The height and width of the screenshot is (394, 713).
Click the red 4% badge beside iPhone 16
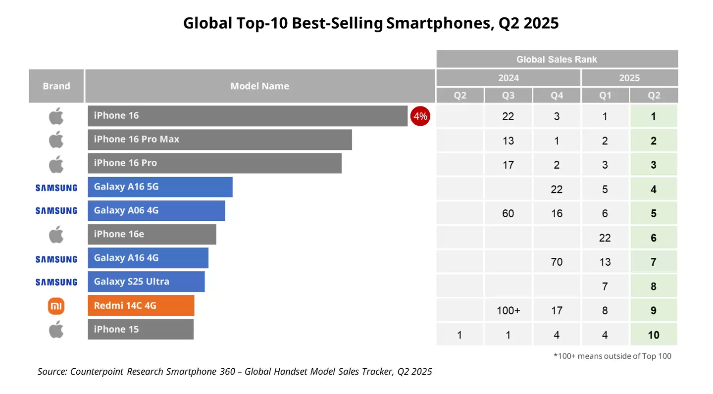(x=420, y=117)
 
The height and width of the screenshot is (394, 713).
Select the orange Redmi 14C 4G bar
(x=141, y=306)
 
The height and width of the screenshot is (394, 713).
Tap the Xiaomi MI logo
(x=56, y=306)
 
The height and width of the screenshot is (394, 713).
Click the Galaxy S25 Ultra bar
(x=146, y=282)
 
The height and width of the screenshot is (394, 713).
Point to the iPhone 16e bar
(x=152, y=234)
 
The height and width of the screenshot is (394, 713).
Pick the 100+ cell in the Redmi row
(x=508, y=311)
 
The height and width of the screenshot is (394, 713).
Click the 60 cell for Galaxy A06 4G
(x=508, y=213)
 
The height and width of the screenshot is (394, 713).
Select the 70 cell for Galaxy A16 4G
(x=557, y=262)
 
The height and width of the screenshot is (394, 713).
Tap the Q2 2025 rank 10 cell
(x=654, y=335)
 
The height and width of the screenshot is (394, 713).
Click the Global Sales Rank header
(x=557, y=59)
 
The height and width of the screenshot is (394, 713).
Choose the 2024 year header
(x=508, y=78)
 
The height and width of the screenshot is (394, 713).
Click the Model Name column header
(x=259, y=86)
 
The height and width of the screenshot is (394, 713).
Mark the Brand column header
(x=56, y=86)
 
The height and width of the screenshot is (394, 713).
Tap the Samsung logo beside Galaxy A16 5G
(x=56, y=188)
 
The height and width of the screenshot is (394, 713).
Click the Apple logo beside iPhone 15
(x=56, y=330)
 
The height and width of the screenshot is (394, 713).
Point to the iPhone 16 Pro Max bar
(x=220, y=140)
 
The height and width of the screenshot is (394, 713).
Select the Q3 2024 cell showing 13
(x=508, y=141)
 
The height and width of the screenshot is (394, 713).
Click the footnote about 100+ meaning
(x=612, y=356)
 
